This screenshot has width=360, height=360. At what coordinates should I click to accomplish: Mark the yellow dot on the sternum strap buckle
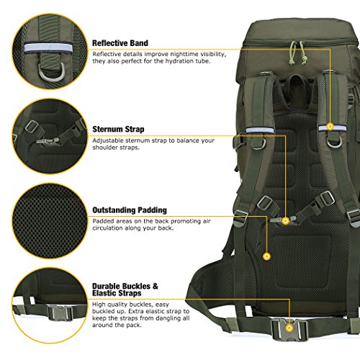(x=286, y=220)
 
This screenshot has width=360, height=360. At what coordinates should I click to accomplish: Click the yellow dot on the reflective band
(x=330, y=126)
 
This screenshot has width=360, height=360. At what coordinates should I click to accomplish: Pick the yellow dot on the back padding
(x=266, y=255)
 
